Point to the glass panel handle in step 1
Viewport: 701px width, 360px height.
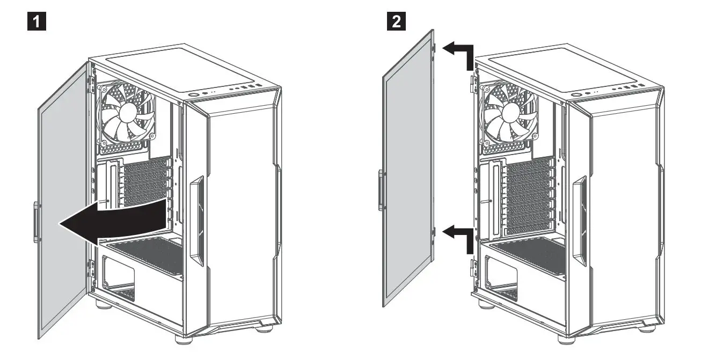click(35, 221)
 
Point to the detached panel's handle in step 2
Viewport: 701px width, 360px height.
click(380, 190)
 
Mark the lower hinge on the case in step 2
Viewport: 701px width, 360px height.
click(474, 267)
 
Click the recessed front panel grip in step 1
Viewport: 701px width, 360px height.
click(196, 217)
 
